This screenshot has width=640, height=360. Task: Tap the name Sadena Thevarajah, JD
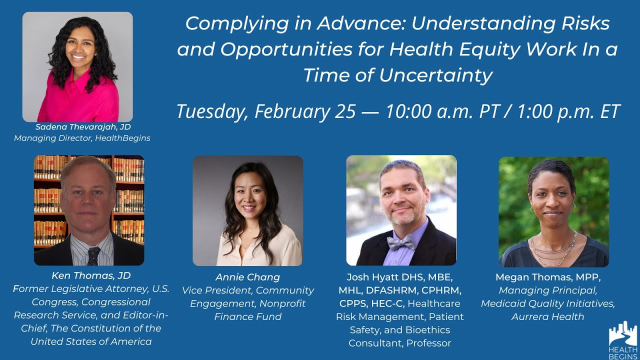tap(83, 127)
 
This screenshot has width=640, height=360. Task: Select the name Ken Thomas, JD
tap(91, 275)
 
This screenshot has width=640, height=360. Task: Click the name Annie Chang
tap(247, 277)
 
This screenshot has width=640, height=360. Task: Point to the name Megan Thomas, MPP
tap(547, 277)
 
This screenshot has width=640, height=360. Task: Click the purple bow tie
tap(401, 243)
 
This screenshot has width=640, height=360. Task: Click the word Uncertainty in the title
tap(435, 75)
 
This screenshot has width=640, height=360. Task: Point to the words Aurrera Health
tap(547, 316)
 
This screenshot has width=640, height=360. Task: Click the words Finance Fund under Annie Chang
tap(247, 316)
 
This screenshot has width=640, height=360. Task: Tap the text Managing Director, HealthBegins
tap(82, 138)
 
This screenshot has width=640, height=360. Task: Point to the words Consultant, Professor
tap(399, 343)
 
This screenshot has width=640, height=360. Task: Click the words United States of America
tap(91, 341)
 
